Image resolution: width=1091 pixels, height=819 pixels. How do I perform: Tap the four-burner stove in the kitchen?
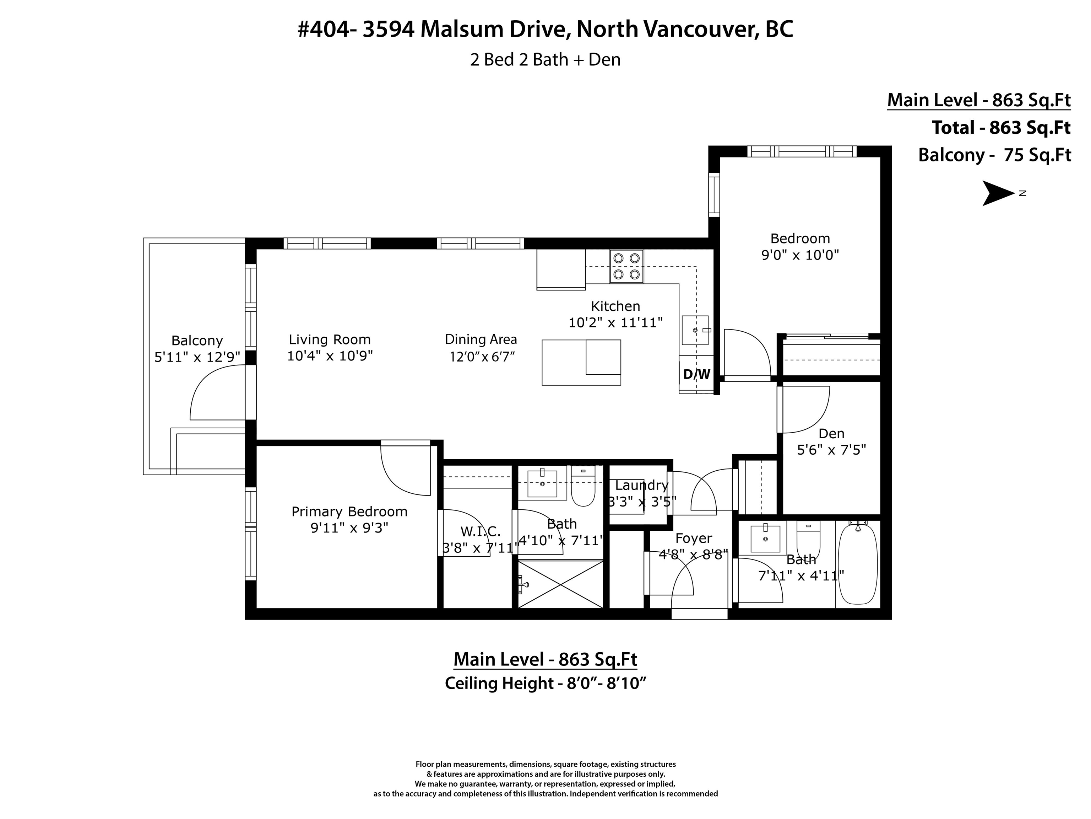coord(626,267)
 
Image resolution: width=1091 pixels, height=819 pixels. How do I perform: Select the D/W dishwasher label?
coord(696,374)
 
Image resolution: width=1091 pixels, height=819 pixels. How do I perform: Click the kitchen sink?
coord(695,330)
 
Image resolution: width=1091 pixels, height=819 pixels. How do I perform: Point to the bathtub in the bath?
coord(858,563)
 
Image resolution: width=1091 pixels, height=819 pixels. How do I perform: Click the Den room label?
coord(831,433)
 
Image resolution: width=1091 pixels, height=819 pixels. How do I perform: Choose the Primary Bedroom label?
coord(349,512)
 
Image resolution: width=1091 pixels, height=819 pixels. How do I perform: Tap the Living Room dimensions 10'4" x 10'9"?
coord(330,355)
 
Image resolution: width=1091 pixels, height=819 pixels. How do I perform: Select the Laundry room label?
coord(641,485)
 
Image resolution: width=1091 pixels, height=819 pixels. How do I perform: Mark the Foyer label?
coord(694,538)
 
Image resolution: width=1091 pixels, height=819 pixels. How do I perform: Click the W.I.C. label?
coord(481,532)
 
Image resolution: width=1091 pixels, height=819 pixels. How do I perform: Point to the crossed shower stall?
coord(561,584)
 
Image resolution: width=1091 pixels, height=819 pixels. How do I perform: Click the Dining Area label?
coord(481,339)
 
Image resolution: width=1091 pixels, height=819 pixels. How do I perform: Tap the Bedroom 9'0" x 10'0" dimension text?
coord(800,255)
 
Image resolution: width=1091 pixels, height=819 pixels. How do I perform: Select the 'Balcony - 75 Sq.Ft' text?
coord(994,155)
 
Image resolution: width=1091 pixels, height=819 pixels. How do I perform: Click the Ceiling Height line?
coord(545,683)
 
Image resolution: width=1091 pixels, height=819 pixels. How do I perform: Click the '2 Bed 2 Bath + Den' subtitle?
coord(545,60)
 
